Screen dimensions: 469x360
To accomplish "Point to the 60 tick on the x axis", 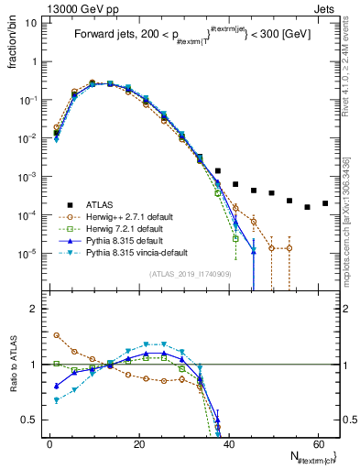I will click(x=316, y=442).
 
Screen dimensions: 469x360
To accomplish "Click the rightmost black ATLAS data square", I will click(x=324, y=203).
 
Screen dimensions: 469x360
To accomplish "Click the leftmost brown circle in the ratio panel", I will click(x=57, y=335).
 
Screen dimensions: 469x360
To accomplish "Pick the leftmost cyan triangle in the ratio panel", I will click(x=57, y=400).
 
